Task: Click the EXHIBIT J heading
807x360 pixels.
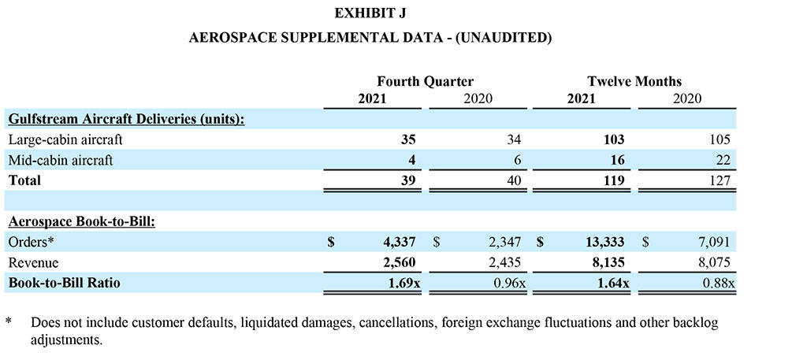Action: tap(370, 13)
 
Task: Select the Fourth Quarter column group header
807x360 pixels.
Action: tap(425, 81)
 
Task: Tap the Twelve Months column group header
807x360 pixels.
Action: tap(634, 81)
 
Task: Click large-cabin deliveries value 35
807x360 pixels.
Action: tap(407, 140)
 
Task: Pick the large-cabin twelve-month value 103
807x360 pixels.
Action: tap(613, 140)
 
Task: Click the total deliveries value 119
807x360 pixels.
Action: tap(613, 180)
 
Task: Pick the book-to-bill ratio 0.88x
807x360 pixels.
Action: tap(718, 283)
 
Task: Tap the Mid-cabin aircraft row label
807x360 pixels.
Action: tap(61, 161)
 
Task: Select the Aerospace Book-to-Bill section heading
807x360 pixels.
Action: tap(81, 222)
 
